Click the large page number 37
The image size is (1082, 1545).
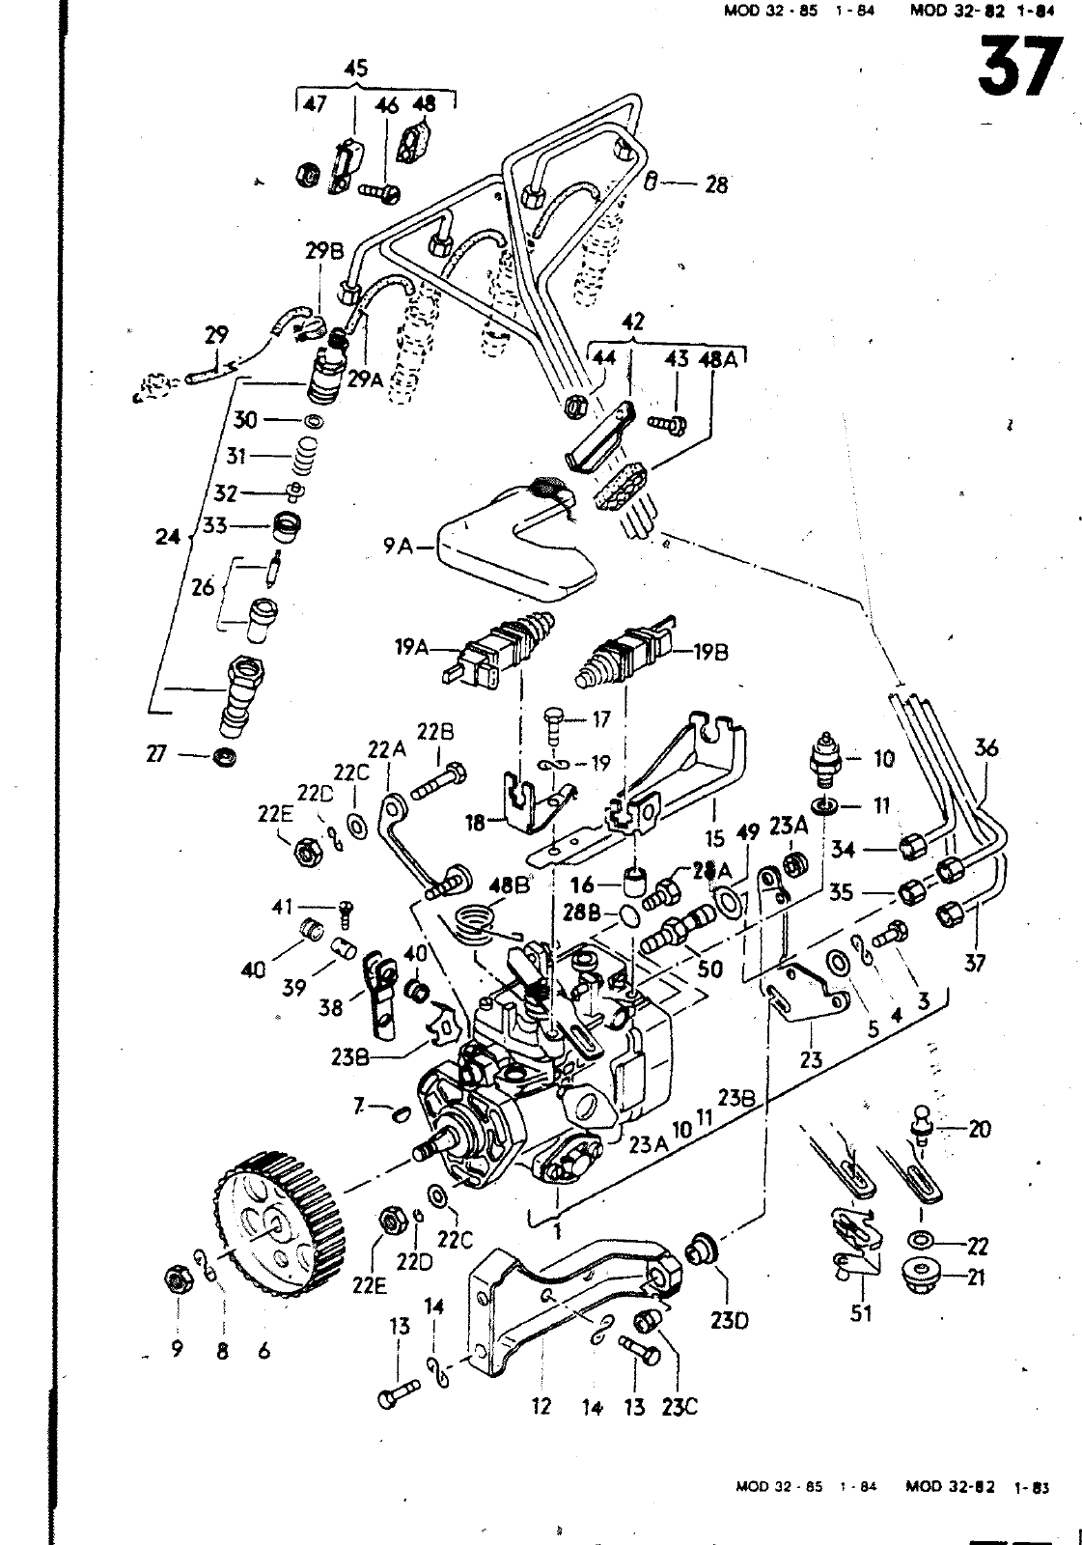(x=1019, y=68)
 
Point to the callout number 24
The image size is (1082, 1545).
(x=168, y=536)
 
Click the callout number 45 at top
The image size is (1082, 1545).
(x=355, y=69)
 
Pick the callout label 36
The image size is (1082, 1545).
(x=985, y=747)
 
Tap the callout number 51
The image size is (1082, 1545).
(x=861, y=1313)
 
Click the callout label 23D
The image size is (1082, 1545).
(x=728, y=1317)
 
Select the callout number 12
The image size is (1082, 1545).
(x=541, y=1406)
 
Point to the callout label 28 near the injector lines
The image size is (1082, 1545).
(x=716, y=183)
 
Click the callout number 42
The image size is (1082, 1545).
(x=632, y=322)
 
